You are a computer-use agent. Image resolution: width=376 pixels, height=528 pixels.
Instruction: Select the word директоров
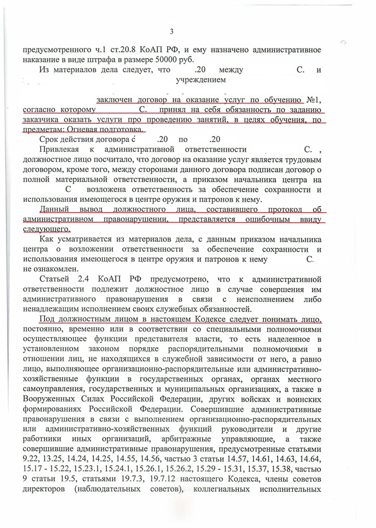pyautogui.click(x=45, y=491)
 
